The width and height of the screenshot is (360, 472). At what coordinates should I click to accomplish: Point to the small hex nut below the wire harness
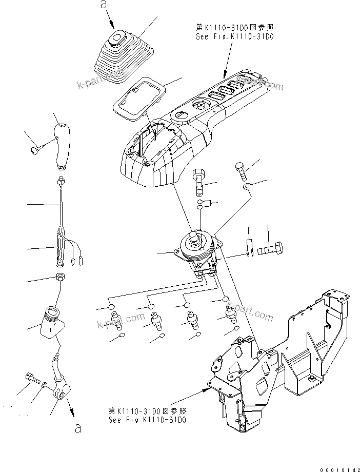click(59, 279)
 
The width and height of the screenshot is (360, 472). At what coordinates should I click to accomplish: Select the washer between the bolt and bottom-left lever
click(44, 385)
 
